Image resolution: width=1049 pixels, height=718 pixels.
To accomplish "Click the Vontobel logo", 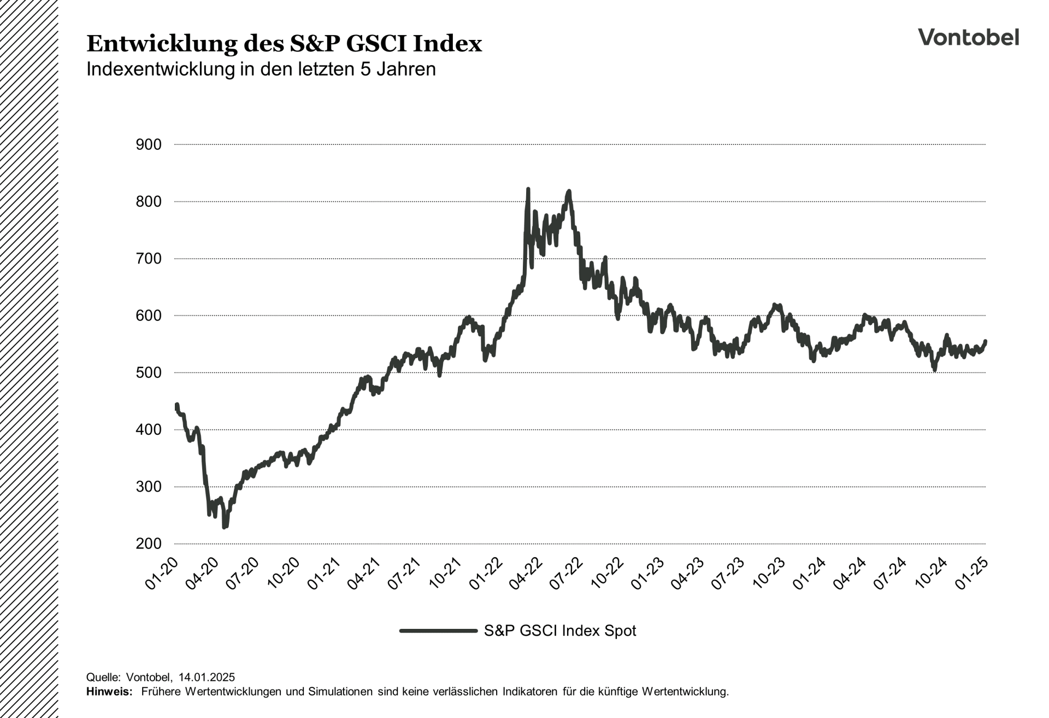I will point(968,37).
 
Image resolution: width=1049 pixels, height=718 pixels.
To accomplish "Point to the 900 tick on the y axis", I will point(149,145).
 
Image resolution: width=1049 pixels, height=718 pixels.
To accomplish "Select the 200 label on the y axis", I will point(149,544).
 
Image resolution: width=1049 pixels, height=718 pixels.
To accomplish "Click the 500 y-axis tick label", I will point(149,373).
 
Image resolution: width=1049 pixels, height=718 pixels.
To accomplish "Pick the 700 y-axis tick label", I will point(149,259).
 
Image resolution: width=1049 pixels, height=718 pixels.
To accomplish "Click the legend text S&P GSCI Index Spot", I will point(560,631).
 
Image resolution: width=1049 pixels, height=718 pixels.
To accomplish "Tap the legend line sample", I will point(438,631).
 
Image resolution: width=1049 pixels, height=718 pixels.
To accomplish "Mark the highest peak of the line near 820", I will point(528,189).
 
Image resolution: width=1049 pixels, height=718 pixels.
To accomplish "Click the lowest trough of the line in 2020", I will point(225,527).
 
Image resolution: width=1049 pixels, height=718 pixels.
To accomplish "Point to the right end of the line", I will point(986,341).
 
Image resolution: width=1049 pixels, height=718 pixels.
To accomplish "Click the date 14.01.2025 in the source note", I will point(207,678).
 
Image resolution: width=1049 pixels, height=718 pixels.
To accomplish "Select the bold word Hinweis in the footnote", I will point(109,692).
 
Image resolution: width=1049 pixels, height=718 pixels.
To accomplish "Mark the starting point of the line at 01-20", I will point(176,406).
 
